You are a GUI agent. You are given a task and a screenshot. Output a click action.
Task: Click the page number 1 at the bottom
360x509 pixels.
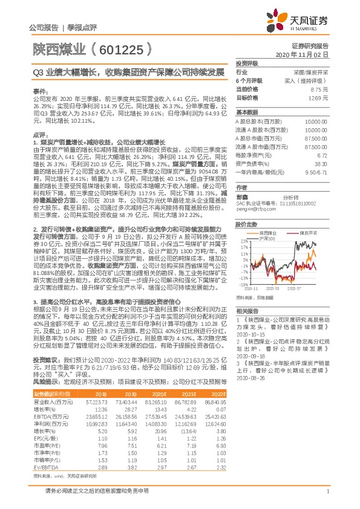327,493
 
